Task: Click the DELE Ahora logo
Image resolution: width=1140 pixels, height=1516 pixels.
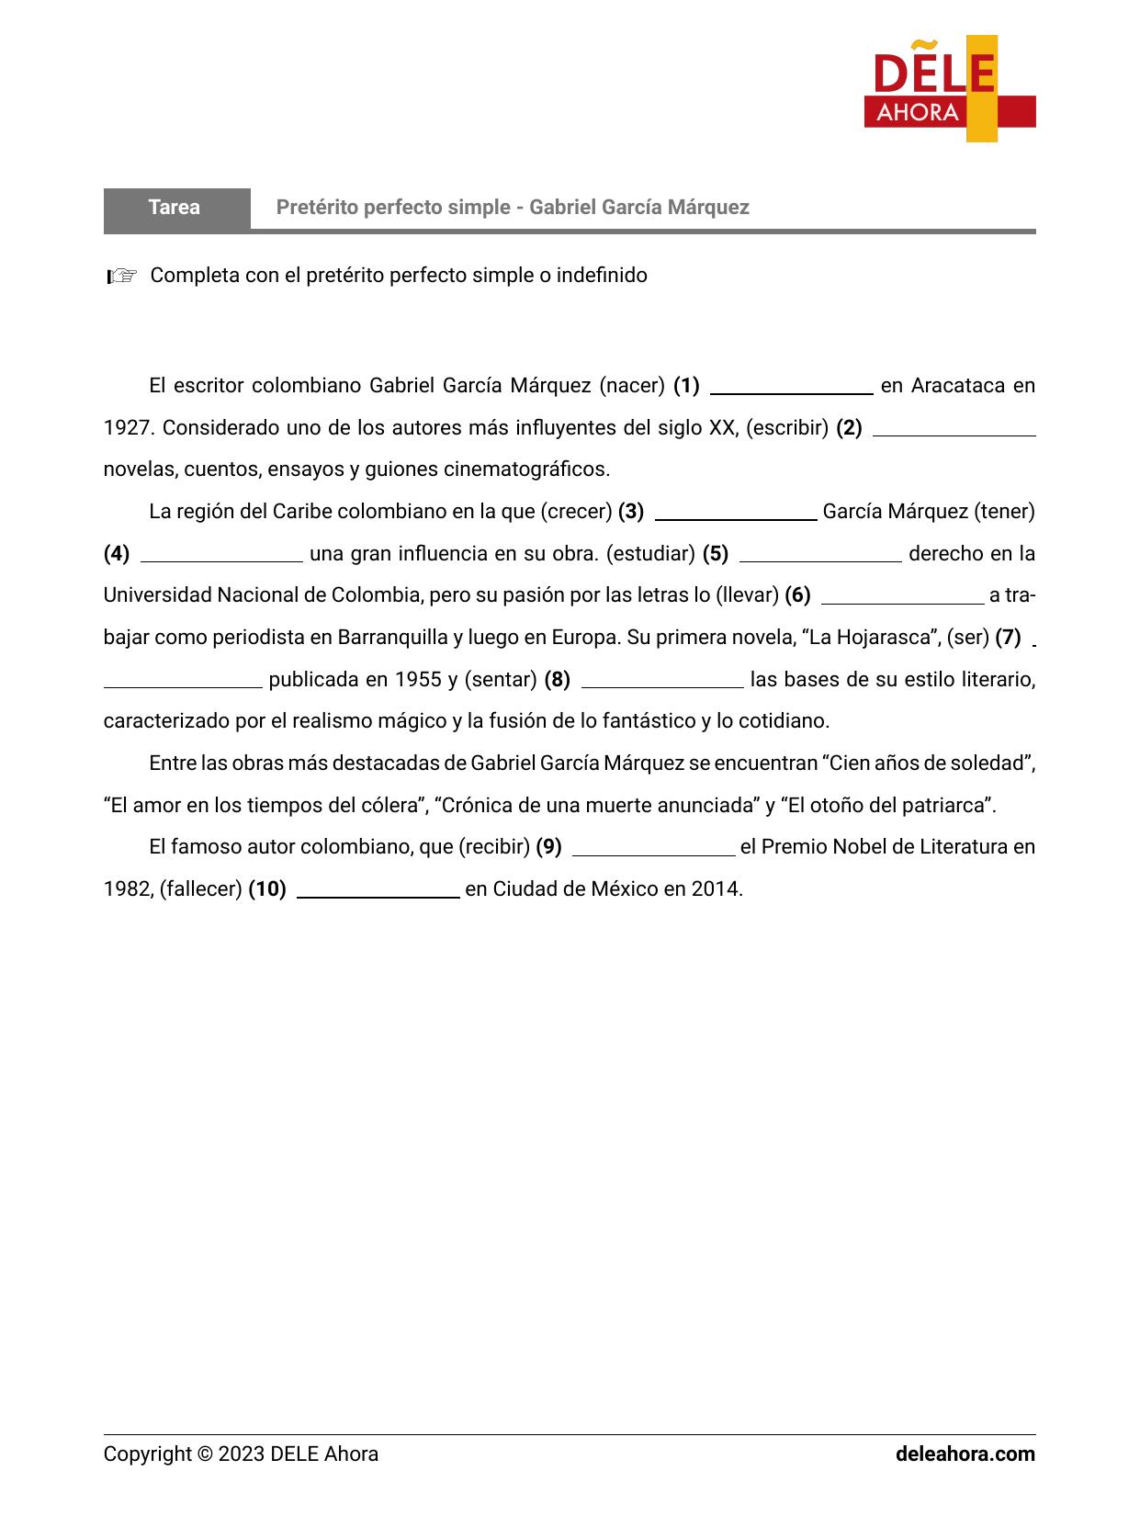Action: (949, 88)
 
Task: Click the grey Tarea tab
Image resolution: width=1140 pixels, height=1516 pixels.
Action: (175, 208)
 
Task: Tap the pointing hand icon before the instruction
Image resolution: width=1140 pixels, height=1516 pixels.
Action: (121, 276)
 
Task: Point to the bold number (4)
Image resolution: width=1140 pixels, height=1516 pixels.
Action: (117, 554)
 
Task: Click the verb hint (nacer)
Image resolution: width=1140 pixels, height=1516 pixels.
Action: (632, 386)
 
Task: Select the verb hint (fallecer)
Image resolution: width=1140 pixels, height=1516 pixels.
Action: (200, 889)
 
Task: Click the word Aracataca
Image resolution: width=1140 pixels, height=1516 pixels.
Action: (958, 386)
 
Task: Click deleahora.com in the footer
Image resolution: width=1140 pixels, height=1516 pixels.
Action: (965, 1454)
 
